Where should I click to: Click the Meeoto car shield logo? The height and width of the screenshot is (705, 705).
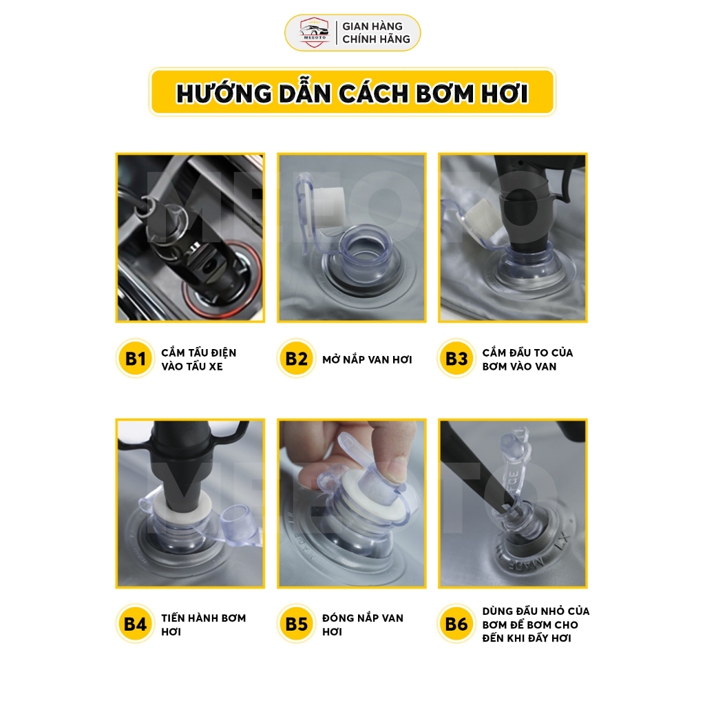(314, 32)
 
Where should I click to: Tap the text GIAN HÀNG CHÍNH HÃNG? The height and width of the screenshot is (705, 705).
(376, 33)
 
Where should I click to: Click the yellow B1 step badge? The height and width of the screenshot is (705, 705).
(135, 358)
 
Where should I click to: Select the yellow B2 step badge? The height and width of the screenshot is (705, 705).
(296, 358)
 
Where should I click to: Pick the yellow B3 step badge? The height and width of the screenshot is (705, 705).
(456, 358)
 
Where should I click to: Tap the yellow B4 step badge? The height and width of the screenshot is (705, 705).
(135, 624)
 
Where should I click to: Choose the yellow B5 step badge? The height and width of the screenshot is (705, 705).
(296, 624)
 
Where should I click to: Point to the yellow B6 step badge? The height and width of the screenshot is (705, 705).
(456, 624)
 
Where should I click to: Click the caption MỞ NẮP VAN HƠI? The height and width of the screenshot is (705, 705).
(367, 359)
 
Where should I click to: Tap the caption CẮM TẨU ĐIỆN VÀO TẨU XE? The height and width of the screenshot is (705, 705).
(199, 359)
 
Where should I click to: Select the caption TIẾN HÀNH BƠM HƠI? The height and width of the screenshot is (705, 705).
(203, 624)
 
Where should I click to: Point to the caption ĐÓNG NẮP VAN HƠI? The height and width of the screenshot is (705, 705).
(362, 624)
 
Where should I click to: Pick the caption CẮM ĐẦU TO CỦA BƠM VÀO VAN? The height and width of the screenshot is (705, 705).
(527, 359)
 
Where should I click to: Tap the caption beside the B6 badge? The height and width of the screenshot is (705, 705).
(536, 624)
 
